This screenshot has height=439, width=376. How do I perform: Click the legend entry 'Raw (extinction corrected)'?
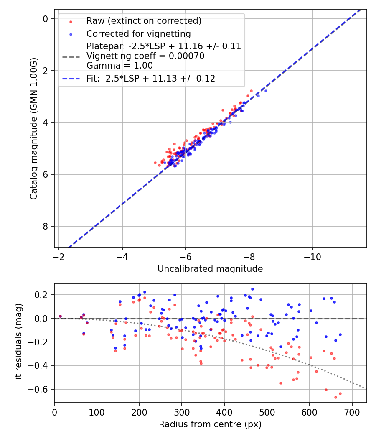[144, 21]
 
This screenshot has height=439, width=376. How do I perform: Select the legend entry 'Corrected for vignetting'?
[138, 34]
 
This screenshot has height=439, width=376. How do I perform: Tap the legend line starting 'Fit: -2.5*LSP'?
[151, 79]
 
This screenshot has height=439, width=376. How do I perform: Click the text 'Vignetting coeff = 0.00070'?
[145, 56]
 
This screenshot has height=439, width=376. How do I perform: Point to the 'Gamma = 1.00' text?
[119, 66]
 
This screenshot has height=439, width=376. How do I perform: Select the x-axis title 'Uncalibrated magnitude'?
[210, 269]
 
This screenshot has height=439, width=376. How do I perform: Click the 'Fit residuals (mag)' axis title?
[18, 343]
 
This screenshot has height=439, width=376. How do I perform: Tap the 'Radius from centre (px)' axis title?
[210, 424]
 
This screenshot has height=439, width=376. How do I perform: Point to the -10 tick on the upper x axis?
[312, 256]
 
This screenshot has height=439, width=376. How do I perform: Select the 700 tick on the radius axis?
[352, 412]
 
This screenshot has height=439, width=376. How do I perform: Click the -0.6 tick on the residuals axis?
[41, 389]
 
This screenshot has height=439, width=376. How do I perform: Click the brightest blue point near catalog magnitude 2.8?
[266, 91]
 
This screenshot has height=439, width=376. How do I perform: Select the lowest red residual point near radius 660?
[335, 397]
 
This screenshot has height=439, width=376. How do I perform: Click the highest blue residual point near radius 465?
[252, 289]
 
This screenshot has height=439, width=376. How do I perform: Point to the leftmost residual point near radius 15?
[60, 316]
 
